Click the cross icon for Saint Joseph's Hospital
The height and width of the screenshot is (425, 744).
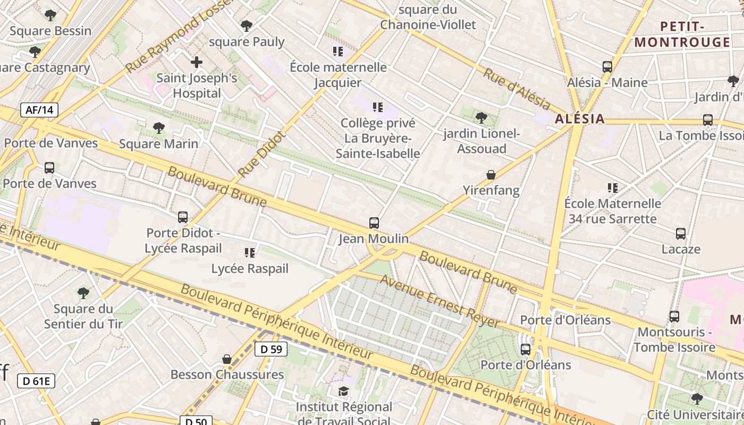(x=197, y=62)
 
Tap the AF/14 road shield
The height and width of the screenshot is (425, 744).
(x=39, y=110)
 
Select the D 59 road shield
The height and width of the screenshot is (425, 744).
(x=271, y=349)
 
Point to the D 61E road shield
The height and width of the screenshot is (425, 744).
(x=36, y=380)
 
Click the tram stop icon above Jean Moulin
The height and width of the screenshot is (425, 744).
(x=374, y=223)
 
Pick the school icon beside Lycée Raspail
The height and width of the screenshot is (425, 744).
(x=250, y=253)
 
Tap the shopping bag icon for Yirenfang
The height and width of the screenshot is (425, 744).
(x=491, y=175)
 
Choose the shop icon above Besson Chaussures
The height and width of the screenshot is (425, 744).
(x=227, y=359)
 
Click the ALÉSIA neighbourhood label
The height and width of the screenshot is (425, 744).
(x=580, y=119)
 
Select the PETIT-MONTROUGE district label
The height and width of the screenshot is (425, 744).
(x=682, y=35)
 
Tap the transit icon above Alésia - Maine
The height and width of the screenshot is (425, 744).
(x=607, y=67)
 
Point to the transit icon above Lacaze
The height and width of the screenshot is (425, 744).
(x=681, y=234)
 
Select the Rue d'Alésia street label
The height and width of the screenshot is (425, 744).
(x=515, y=88)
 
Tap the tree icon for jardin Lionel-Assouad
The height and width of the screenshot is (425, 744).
(x=481, y=118)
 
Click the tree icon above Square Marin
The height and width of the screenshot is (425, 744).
(x=158, y=128)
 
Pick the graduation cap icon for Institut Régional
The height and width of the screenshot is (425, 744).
(x=344, y=392)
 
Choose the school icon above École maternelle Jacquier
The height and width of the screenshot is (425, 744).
(x=338, y=52)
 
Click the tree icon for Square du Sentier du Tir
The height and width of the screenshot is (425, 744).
(x=83, y=293)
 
